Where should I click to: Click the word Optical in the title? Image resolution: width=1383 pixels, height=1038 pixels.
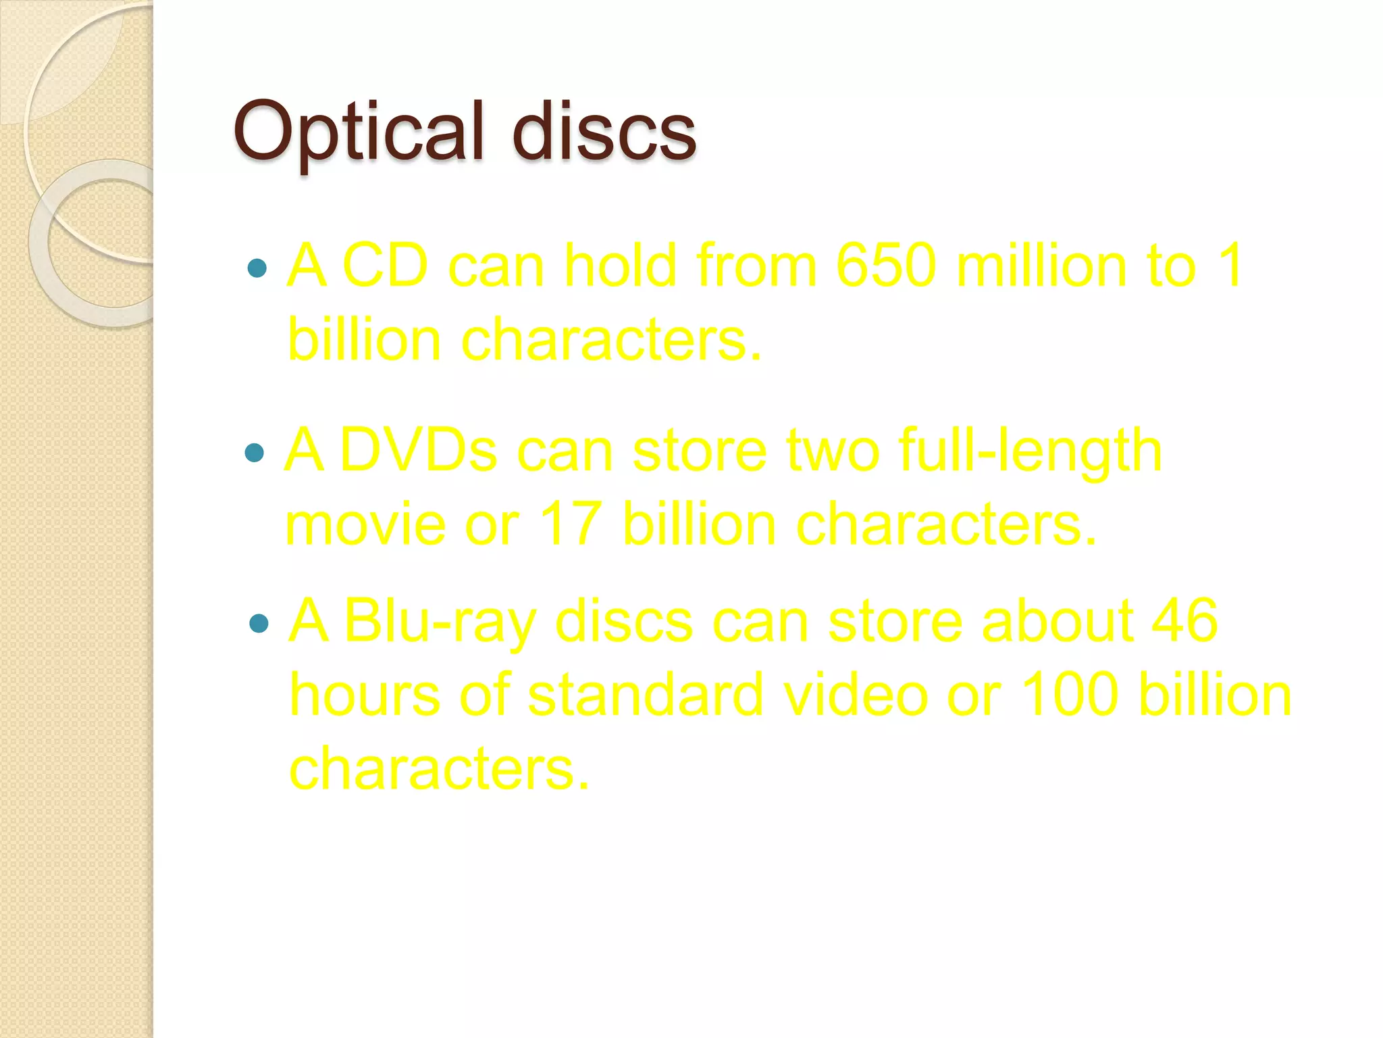[x=359, y=131]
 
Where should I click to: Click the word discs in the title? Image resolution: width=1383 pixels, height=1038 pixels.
[x=604, y=131]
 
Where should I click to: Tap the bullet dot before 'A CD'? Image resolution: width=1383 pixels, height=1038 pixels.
[x=257, y=269]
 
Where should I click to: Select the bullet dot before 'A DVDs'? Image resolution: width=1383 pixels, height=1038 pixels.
[x=255, y=452]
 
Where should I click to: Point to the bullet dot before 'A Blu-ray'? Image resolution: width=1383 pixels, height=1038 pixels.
[x=259, y=623]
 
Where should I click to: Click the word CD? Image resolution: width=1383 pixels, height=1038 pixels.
[x=386, y=266]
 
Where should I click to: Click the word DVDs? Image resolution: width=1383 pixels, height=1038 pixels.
[x=418, y=451]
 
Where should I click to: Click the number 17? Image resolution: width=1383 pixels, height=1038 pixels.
[x=571, y=524]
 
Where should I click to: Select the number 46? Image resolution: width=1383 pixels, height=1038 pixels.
[x=1184, y=621]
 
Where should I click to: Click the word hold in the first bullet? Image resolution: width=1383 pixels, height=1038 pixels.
[x=621, y=266]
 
